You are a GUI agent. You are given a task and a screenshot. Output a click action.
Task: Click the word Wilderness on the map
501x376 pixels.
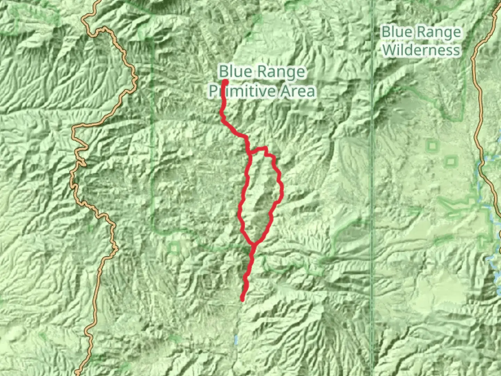(x=421, y=50)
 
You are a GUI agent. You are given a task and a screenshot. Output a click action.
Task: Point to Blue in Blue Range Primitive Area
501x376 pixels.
(x=235, y=72)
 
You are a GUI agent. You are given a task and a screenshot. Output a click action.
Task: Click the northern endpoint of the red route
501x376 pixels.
(x=225, y=82)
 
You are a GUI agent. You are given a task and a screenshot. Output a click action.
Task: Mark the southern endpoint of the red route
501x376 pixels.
(x=242, y=299)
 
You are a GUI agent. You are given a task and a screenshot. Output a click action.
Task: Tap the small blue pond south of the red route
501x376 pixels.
(x=236, y=340)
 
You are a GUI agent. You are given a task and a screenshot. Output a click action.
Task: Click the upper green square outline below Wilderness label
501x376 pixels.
(x=432, y=146)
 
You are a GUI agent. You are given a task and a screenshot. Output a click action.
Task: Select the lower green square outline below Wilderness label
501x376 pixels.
(x=451, y=161)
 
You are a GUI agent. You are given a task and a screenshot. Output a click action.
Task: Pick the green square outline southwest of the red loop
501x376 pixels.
(x=174, y=248)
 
